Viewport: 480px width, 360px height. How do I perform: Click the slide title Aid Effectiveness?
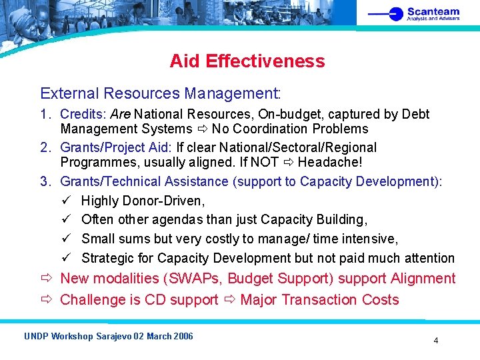coord(247,61)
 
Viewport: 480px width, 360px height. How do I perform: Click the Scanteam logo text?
coord(433,11)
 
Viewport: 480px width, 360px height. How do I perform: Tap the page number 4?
coord(436,341)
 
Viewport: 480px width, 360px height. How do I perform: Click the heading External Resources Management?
coord(161,93)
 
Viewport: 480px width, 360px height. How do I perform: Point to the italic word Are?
coord(120,115)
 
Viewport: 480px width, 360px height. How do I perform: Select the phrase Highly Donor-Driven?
coord(143,201)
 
